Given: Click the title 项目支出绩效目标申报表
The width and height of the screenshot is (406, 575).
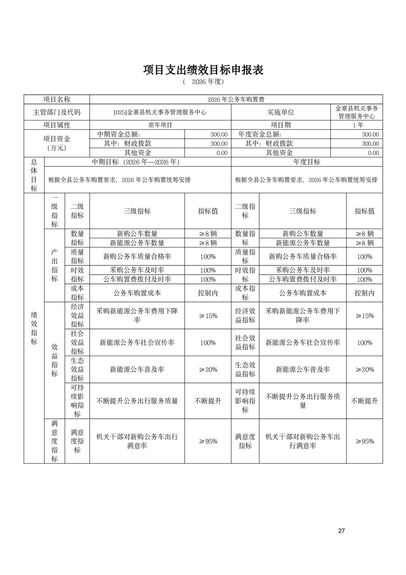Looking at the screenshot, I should point(203,70).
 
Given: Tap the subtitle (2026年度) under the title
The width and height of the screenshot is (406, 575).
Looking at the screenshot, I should point(203,81).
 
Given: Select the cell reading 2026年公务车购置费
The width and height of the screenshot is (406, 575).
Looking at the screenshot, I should point(236,99).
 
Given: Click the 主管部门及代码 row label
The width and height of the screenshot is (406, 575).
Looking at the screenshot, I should point(56,112).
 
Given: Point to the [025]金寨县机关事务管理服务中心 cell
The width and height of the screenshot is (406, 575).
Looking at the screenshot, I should point(160,112).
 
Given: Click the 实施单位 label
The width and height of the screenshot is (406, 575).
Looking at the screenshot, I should point(281,112).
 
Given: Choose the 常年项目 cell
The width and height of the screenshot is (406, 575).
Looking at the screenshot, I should point(160,125).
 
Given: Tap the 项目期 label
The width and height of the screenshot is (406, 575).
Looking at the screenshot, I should point(281,125).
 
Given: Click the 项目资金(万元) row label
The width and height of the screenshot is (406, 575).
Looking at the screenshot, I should point(56,143).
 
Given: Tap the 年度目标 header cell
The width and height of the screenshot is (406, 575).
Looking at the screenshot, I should point(307,161).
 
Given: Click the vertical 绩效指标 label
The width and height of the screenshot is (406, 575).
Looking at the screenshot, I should point(34,328).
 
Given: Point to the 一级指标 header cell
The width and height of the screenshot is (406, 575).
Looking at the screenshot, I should point(54,211).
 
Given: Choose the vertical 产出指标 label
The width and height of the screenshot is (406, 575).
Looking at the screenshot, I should point(54,265).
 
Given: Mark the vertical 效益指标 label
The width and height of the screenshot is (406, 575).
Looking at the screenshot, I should point(54,360).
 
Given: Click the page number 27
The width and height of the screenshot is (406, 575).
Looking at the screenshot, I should point(341,530).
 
